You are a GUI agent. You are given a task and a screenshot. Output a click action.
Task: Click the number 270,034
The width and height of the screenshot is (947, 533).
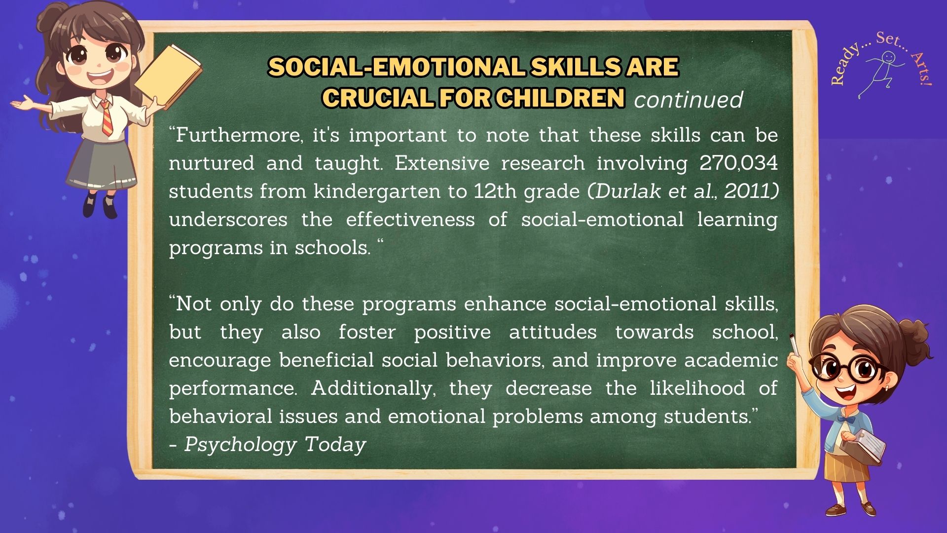pyautogui.click(x=738, y=163)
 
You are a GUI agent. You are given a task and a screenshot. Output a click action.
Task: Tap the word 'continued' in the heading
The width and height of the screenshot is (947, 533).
pyautogui.click(x=689, y=100)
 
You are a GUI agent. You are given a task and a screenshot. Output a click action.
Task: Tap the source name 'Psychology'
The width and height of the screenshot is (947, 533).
pyautogui.click(x=240, y=445)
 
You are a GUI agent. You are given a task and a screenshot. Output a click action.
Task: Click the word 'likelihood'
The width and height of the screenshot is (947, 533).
pyautogui.click(x=697, y=388)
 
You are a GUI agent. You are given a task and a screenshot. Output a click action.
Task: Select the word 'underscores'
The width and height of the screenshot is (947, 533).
pyautogui.click(x=228, y=219)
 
